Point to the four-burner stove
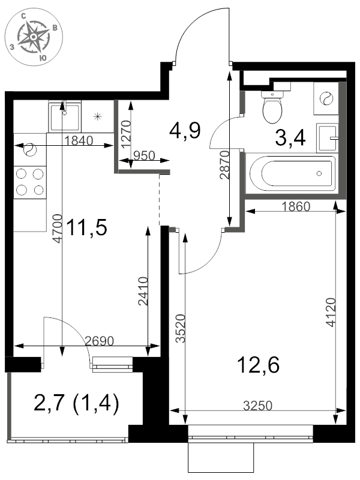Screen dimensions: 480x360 coord(30,182)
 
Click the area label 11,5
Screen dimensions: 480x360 coord(86,228)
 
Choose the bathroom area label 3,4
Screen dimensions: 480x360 coord(290,138)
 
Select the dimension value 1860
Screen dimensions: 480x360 coord(295,208)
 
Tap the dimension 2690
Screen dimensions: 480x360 coord(100,341)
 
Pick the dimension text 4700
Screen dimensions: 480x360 coord(57,229)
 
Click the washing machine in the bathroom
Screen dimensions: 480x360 coord(327,98)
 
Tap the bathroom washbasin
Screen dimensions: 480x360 coord(328,137)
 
